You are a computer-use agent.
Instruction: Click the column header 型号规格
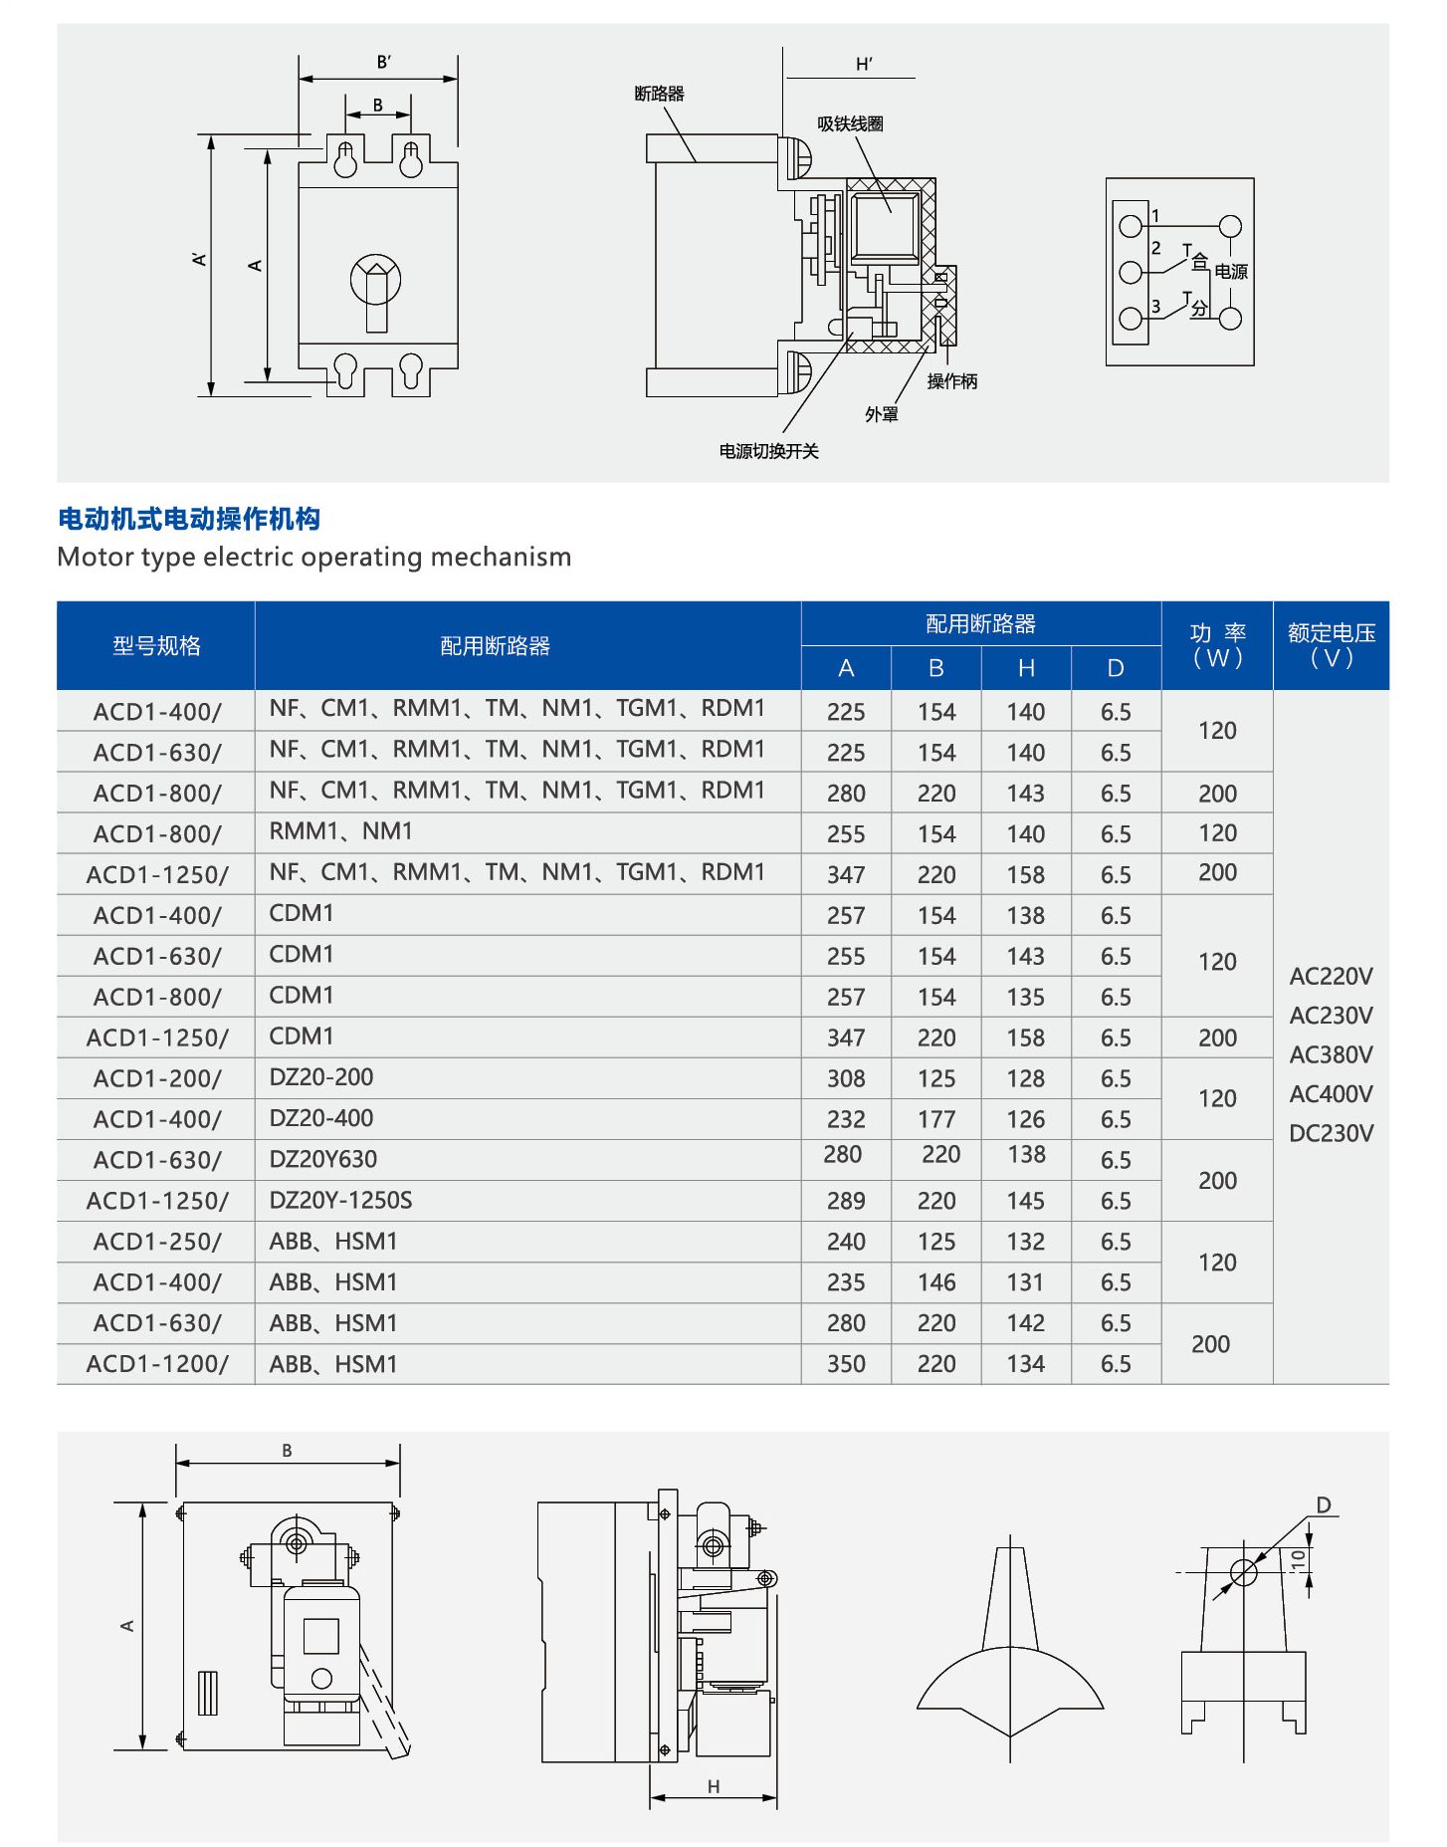click(x=156, y=645)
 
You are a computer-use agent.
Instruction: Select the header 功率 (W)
click(x=1217, y=645)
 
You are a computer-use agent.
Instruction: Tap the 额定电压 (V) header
click(x=1331, y=645)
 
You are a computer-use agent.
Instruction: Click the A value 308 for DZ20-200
click(x=846, y=1078)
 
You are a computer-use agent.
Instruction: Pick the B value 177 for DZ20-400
click(x=936, y=1119)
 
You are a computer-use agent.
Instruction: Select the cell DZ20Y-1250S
click(x=340, y=1200)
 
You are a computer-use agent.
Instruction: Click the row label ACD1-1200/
click(x=157, y=1364)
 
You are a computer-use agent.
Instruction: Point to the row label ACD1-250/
click(x=157, y=1242)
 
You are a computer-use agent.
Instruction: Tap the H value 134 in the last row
click(x=1025, y=1364)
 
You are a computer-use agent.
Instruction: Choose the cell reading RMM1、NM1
click(x=340, y=831)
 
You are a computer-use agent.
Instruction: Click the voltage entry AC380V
click(x=1331, y=1054)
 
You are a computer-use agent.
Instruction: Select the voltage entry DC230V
click(x=1331, y=1133)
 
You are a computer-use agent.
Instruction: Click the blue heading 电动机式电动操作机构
click(x=189, y=519)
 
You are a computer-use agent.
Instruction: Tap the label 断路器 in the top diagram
click(x=659, y=94)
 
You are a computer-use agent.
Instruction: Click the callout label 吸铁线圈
click(x=850, y=123)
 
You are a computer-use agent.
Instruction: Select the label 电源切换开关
click(x=768, y=451)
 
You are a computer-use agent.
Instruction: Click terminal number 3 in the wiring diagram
click(x=1155, y=307)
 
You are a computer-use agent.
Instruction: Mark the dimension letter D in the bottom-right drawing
click(x=1323, y=1504)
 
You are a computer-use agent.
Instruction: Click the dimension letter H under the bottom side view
click(x=714, y=1786)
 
